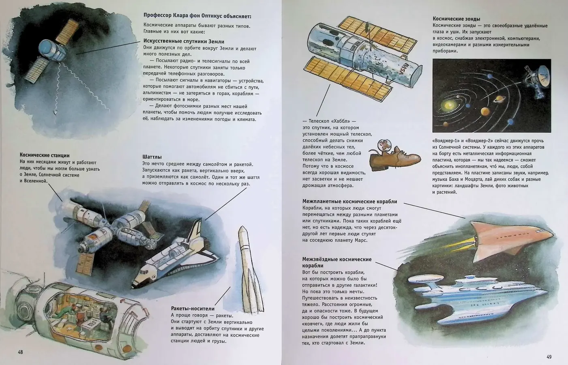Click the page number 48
tap(20, 352)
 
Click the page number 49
tap(549, 357)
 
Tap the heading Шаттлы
tap(152, 157)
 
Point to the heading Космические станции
tap(45, 155)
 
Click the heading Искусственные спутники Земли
tap(184, 41)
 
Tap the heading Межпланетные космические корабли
tap(349, 202)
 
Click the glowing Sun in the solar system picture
tap(448, 104)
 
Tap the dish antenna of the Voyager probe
tap(542, 73)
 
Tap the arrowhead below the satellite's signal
tap(55, 112)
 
